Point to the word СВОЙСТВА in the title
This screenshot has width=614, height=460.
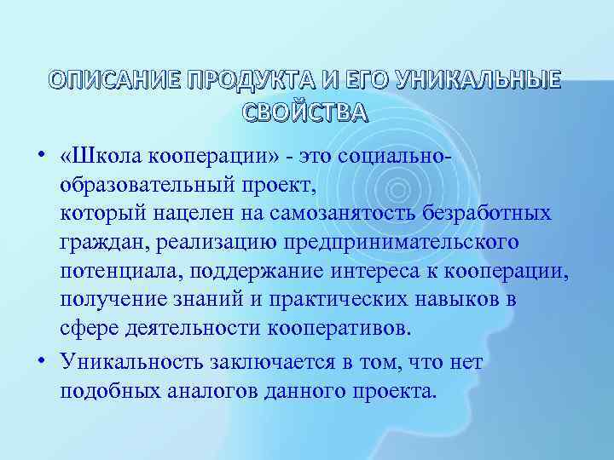tap(306, 112)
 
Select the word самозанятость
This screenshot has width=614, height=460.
tap(372, 213)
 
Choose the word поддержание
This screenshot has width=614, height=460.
tap(244, 272)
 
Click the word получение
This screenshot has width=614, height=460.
tap(108, 301)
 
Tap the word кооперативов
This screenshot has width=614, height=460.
tap(349, 330)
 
